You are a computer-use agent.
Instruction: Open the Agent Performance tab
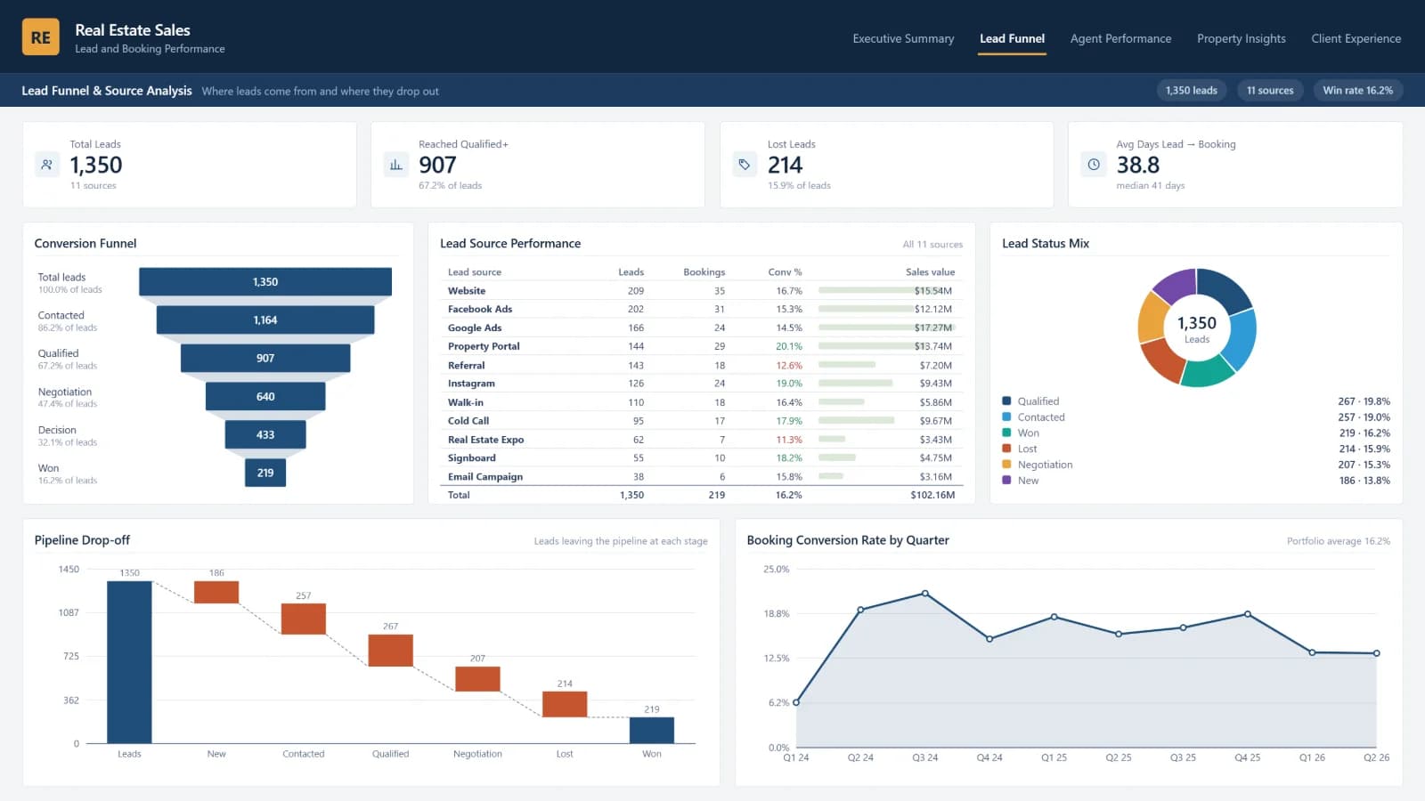coord(1120,39)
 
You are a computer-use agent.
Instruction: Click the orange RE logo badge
coord(41,36)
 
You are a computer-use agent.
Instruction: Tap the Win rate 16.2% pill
coord(1357,90)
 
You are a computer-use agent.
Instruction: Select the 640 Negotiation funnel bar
coord(265,397)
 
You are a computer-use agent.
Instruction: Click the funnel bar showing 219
coord(265,473)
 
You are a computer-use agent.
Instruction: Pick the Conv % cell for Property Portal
coord(789,346)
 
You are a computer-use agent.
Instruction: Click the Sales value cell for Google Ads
coord(932,328)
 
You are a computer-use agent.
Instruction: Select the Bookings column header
coord(704,272)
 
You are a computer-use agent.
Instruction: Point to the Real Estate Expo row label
coord(486,440)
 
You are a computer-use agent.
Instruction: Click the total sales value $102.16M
coord(932,495)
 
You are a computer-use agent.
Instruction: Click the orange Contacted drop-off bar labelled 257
coord(304,619)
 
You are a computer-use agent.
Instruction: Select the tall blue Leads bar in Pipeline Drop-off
coord(129,662)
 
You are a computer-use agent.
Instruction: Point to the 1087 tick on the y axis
coord(69,613)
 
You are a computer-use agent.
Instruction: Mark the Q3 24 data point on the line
coord(925,594)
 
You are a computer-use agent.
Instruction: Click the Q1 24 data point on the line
coord(796,702)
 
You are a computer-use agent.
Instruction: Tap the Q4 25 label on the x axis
coord(1247,757)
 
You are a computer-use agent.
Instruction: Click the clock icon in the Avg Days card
coord(1094,165)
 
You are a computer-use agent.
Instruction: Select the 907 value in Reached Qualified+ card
coord(437,166)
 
